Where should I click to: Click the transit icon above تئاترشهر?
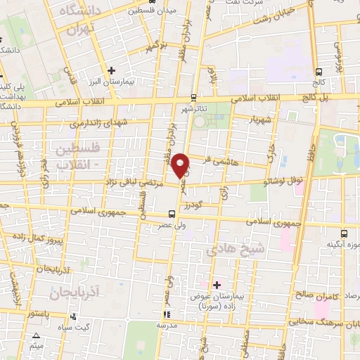pos(193,98)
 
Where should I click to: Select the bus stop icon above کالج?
pos(320,71)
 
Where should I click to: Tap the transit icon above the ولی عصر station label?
pos(172,214)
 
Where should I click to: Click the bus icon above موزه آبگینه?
pos(345,233)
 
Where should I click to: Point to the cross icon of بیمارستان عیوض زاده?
pos(217,285)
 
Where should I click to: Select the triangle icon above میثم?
pos(37,336)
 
